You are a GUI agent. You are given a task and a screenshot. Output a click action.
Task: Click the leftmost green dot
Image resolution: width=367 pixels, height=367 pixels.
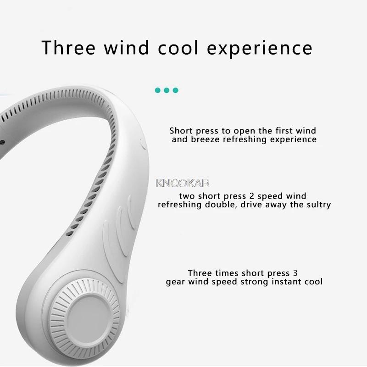point(158,90)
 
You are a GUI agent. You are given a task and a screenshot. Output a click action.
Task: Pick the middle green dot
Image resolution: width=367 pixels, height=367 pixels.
point(167,90)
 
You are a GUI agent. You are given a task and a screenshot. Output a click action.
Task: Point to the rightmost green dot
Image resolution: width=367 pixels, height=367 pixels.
point(175,90)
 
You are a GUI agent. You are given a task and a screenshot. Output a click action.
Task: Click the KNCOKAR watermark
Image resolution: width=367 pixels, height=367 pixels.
point(182,183)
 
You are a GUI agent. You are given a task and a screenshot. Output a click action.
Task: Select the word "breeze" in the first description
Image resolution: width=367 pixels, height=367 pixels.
point(204,139)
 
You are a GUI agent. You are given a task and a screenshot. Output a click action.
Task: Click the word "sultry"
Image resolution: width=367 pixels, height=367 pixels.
point(316,205)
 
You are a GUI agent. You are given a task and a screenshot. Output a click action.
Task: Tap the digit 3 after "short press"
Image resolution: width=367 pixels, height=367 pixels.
point(288,272)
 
